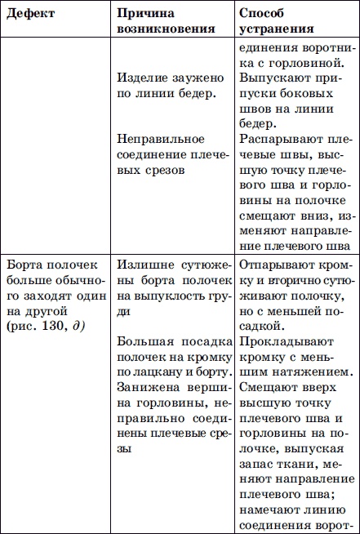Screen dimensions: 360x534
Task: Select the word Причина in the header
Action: click(144, 14)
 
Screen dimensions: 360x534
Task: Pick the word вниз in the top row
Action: click(300, 218)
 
